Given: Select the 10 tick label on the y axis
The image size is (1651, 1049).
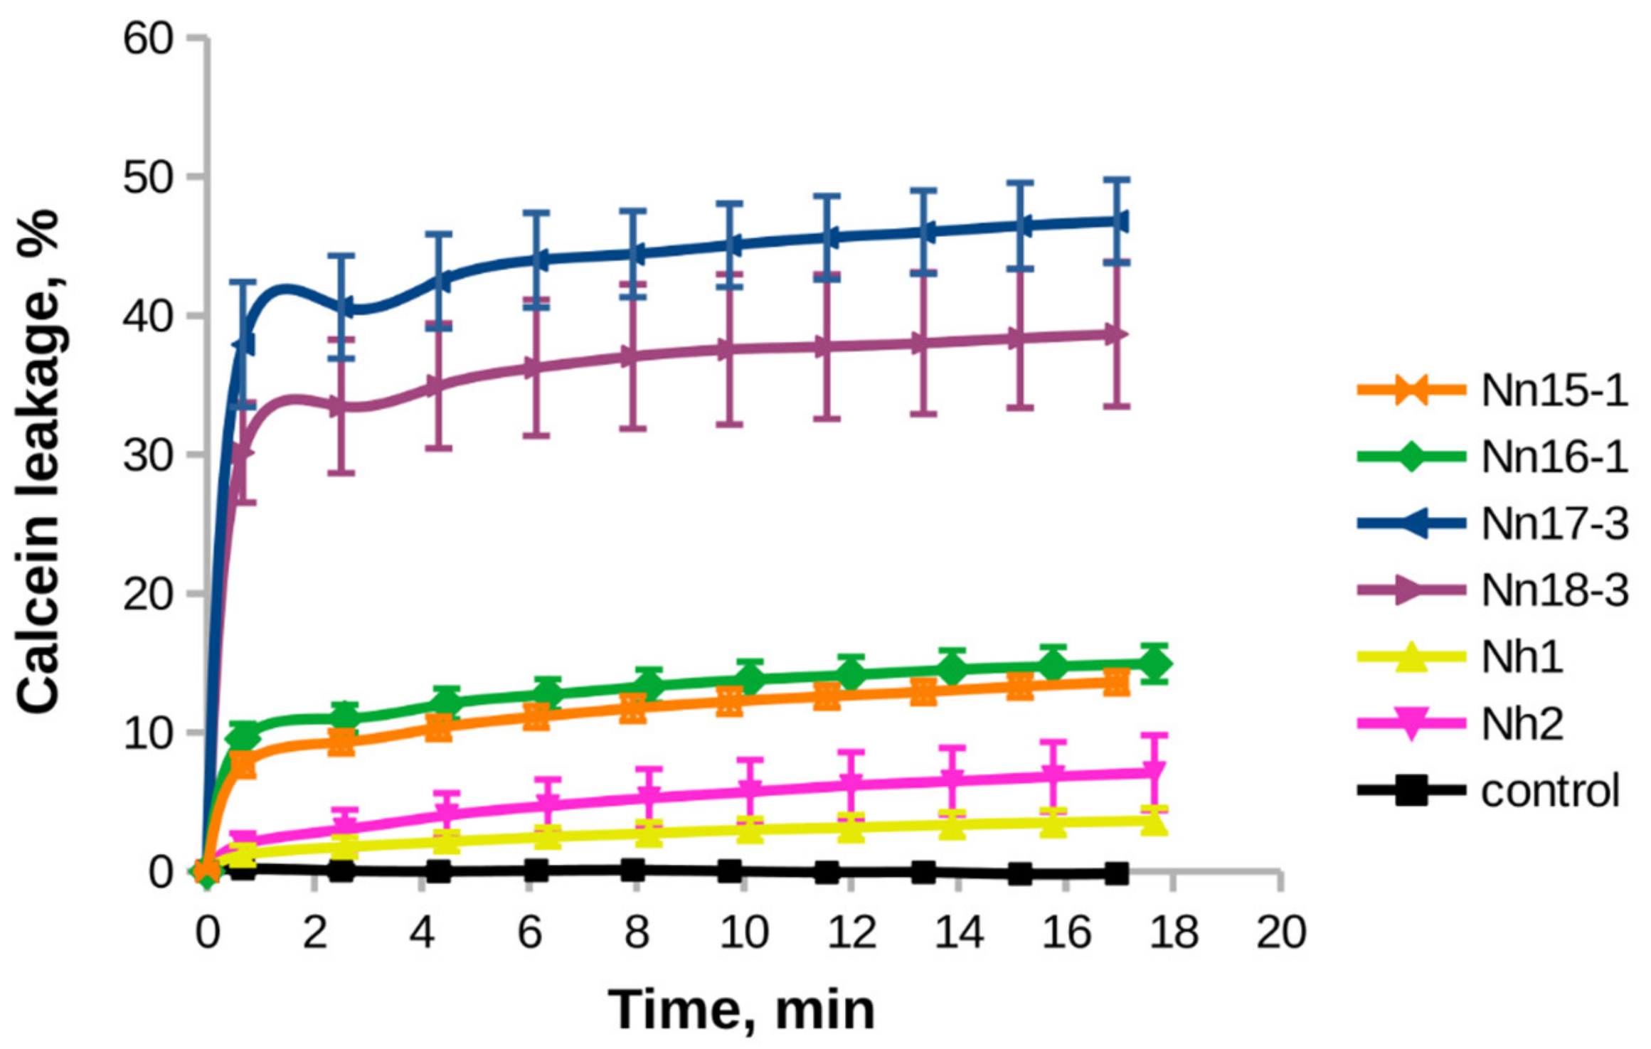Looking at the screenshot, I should pos(148,733).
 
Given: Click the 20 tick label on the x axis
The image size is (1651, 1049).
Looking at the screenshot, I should pos(1281,931).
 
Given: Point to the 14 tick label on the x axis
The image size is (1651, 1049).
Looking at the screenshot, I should pos(958,931).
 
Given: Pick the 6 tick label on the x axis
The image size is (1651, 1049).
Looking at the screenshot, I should pos(529,931).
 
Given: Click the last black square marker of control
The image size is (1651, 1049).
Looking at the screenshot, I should pos(1117,873).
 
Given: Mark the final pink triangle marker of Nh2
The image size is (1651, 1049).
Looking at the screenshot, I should pos(1154,772).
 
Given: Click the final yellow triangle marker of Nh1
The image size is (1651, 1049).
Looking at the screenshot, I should pos(1154,822).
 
